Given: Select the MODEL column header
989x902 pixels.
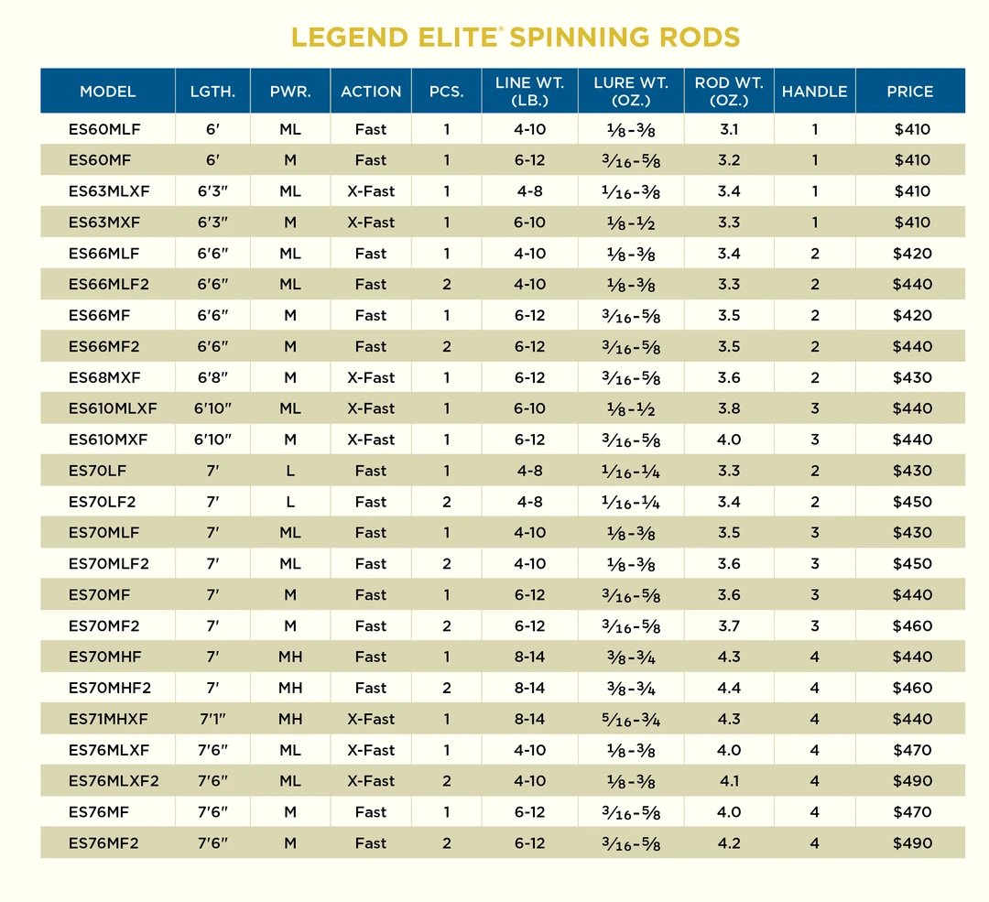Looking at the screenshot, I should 108,92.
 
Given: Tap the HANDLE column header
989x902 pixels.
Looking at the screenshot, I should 814,92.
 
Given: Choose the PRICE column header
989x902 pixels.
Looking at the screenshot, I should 910,92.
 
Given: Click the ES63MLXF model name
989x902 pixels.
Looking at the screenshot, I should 109,191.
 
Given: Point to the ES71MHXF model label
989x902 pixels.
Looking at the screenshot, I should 109,719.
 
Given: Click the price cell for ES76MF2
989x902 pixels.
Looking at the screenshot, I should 912,843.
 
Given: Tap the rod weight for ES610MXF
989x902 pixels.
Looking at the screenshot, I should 729,440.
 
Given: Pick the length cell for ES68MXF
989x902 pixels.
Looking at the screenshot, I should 212,377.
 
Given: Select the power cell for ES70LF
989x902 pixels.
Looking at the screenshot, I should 290,471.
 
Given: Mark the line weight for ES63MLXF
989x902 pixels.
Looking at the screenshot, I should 529,191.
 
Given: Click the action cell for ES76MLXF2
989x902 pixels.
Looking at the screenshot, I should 371,781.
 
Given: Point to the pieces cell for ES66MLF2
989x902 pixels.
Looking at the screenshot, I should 447,285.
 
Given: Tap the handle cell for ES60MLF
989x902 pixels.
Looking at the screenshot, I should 814,129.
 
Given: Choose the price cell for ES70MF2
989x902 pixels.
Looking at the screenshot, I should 912,626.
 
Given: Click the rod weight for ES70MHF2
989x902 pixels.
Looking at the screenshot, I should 729,688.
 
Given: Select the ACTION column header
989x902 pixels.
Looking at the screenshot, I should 371,92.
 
